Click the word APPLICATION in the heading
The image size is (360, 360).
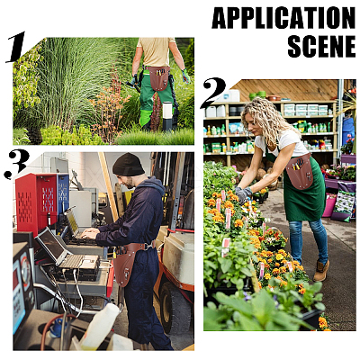pyautogui.click(x=283, y=18)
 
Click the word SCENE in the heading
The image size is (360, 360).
pyautogui.click(x=321, y=46)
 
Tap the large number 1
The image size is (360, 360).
pyautogui.click(x=16, y=47)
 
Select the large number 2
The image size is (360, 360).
pyautogui.click(x=213, y=93)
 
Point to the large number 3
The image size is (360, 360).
pyautogui.click(x=17, y=164)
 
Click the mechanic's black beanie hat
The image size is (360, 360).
pyautogui.click(x=128, y=164)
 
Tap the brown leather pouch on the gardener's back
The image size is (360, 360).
pyautogui.click(x=158, y=78)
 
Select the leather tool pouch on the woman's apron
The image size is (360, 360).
pyautogui.click(x=300, y=172)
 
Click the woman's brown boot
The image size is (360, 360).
pyautogui.click(x=321, y=271)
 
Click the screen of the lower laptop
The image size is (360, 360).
pyautogui.click(x=51, y=244)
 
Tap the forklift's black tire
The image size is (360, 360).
pyautogui.click(x=167, y=307)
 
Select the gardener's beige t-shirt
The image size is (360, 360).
pyautogui.click(x=156, y=52)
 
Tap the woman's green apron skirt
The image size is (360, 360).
pyautogui.click(x=303, y=195)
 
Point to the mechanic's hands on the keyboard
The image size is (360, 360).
pyautogui.click(x=90, y=233)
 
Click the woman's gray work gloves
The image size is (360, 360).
pyautogui.click(x=244, y=194)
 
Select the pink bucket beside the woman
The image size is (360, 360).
pyautogui.click(x=329, y=205)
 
